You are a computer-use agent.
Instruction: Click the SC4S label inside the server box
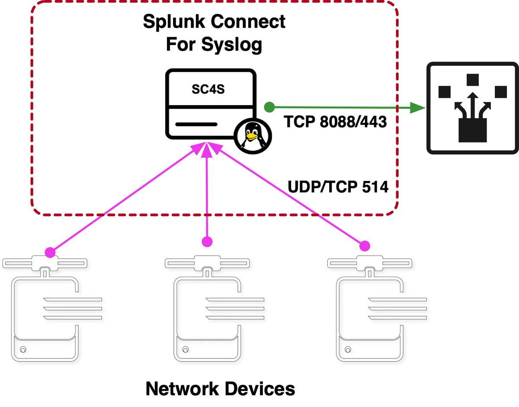(x=208, y=90)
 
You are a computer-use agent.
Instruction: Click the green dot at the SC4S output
(x=269, y=106)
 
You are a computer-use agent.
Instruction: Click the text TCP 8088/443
(x=335, y=123)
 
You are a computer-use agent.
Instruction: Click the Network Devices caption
(x=220, y=388)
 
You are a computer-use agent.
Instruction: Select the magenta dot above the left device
(x=51, y=251)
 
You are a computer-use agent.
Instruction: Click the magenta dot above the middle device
(x=208, y=241)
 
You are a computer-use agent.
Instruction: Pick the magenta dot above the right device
(x=366, y=246)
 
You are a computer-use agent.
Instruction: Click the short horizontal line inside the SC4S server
(x=196, y=124)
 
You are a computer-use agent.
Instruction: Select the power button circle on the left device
(x=23, y=349)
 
